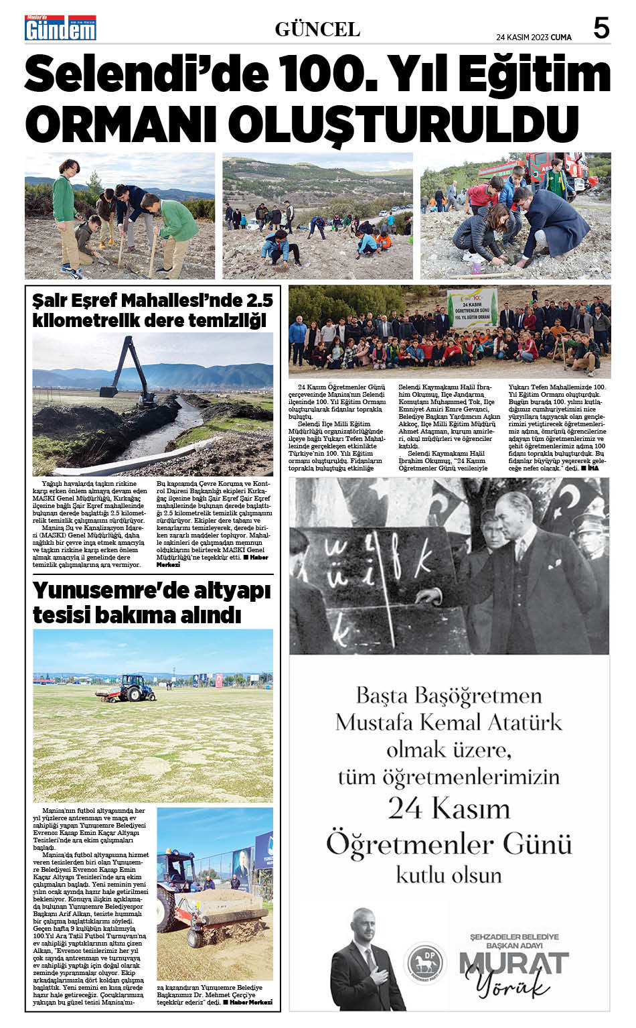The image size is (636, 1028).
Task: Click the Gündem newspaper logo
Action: [60, 27]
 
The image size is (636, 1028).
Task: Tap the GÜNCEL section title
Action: [317, 29]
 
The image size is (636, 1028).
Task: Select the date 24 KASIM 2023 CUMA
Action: [534, 38]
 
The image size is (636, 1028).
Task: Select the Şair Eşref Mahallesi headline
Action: [153, 310]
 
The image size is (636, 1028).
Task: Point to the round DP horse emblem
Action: [426, 962]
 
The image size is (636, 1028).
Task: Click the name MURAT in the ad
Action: [513, 963]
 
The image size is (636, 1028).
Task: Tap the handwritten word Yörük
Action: [513, 986]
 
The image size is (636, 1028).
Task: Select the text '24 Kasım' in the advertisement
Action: [449, 808]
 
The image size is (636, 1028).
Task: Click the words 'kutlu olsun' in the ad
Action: [449, 875]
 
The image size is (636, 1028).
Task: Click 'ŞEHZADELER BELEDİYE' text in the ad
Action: [513, 936]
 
